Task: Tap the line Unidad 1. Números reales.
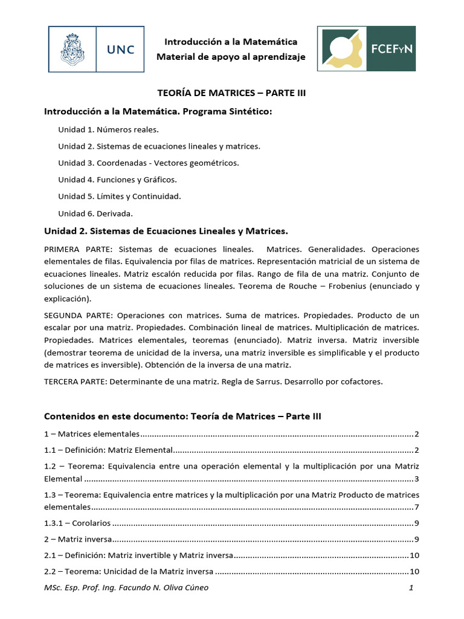pyautogui.click(x=108, y=129)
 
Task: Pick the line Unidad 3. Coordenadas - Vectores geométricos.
pyautogui.click(x=148, y=163)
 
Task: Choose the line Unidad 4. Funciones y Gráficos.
pyautogui.click(x=117, y=180)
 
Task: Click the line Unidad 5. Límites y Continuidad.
pyautogui.click(x=120, y=196)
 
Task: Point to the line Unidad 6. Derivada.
pyautogui.click(x=95, y=213)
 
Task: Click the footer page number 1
pyautogui.click(x=410, y=588)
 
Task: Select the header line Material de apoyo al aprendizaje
pyautogui.click(x=231, y=57)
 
